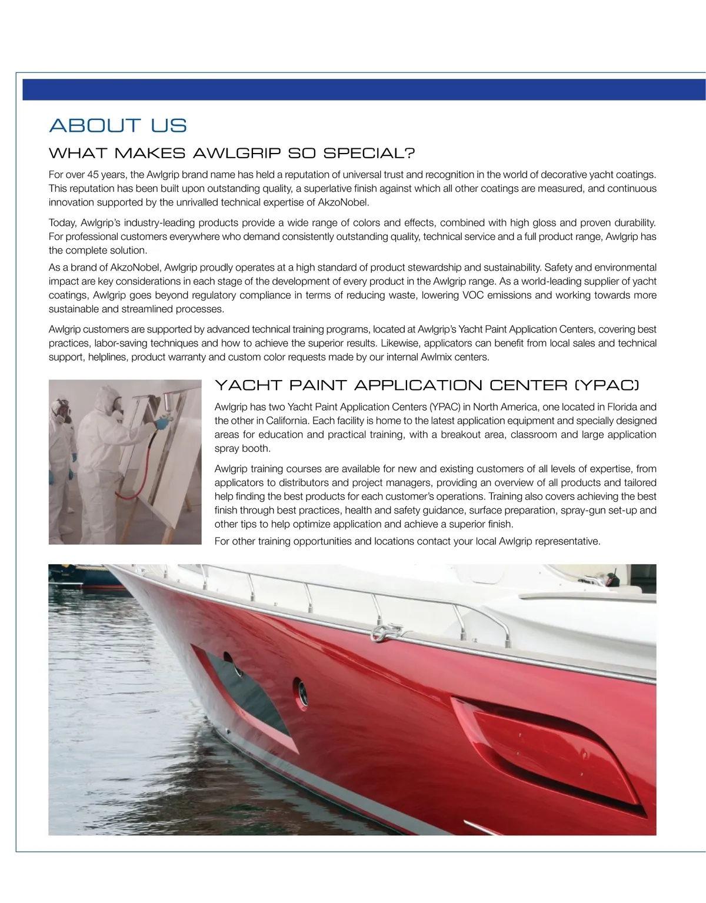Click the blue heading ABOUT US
point(118,125)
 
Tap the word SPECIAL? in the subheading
point(369,154)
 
